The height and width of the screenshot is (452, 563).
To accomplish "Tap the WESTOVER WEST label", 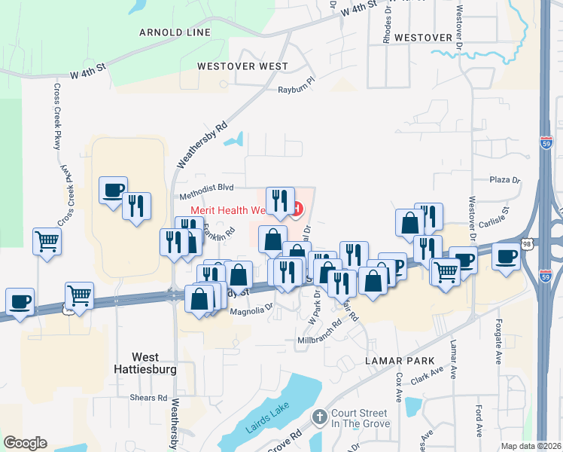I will click(242, 66).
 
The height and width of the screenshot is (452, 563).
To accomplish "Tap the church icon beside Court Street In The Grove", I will click(320, 417).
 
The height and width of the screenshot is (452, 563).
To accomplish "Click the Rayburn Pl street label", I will click(295, 89).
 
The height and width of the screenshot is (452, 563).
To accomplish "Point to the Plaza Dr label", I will click(505, 181).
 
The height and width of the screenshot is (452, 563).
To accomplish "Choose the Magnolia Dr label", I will click(251, 310).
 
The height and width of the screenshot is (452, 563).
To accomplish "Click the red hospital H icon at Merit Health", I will click(298, 208).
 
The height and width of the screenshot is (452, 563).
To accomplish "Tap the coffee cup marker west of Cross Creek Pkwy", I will click(19, 301).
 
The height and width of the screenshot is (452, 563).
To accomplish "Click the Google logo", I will click(25, 443).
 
